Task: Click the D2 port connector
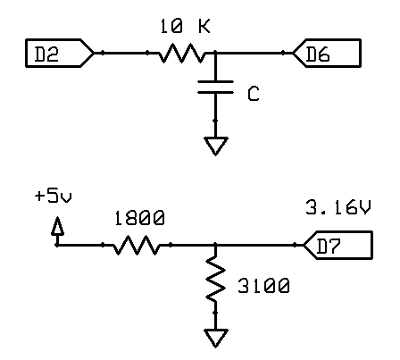[x=60, y=53]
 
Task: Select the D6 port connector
[x=327, y=53]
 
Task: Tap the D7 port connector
[x=337, y=245]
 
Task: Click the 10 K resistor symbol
[x=181, y=53]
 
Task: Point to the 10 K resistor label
[x=185, y=26]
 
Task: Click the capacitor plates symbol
[x=215, y=87]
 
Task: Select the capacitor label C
[x=254, y=94]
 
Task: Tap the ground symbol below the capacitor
[x=215, y=146]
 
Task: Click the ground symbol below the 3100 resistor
[x=215, y=338]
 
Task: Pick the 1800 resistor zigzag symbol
[x=137, y=245]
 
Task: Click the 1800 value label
[x=139, y=218]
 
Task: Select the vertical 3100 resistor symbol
[x=215, y=279]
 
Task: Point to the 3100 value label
[x=263, y=286]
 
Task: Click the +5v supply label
[x=54, y=197]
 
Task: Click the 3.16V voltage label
[x=338, y=207]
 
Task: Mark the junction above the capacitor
[x=215, y=53]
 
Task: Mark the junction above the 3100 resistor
[x=215, y=245]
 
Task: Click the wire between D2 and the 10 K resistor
[x=126, y=53]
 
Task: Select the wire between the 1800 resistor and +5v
[x=85, y=245]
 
